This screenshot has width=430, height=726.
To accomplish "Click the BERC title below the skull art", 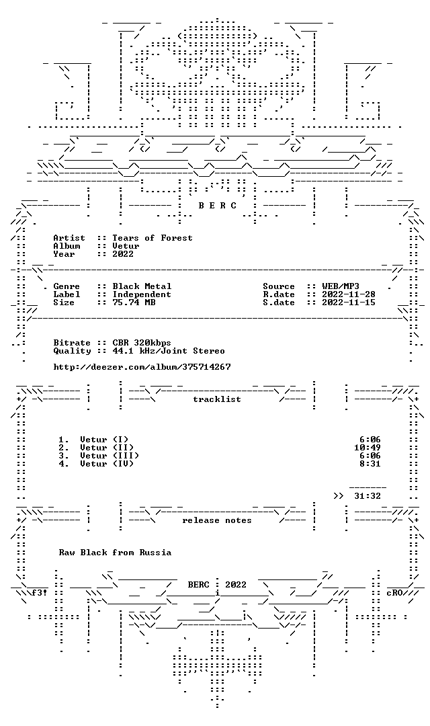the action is pyautogui.click(x=217, y=205).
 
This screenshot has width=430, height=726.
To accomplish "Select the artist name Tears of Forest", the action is pyautogui.click(x=153, y=237).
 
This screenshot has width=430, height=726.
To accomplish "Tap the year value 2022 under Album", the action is pyautogui.click(x=123, y=253).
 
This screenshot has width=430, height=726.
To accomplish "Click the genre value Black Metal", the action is pyautogui.click(x=142, y=286).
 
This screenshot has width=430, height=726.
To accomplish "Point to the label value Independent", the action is pyautogui.click(x=142, y=294).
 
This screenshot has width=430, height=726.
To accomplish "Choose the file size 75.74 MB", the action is pyautogui.click(x=134, y=302).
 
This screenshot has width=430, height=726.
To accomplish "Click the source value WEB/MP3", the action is pyautogui.click(x=341, y=286).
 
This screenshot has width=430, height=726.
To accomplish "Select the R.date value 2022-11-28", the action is pyautogui.click(x=349, y=294).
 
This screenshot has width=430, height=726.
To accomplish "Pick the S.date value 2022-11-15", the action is pyautogui.click(x=349, y=302).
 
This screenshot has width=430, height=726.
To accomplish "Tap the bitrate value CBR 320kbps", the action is pyautogui.click(x=142, y=343).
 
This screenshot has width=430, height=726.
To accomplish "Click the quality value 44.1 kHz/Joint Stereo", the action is pyautogui.click(x=169, y=350).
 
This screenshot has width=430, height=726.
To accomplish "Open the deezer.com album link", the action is pyautogui.click(x=142, y=367).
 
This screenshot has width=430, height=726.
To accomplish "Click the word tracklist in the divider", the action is pyautogui.click(x=217, y=399).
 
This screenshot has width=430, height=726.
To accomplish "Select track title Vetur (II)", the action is pyautogui.click(x=107, y=447).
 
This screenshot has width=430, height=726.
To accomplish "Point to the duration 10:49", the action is pyautogui.click(x=368, y=447).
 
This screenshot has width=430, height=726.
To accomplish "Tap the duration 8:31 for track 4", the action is pyautogui.click(x=370, y=463).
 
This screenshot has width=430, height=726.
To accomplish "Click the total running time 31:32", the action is pyautogui.click(x=368, y=496).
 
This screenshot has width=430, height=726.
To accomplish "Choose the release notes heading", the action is pyautogui.click(x=217, y=520).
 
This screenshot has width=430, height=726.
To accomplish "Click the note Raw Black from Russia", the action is pyautogui.click(x=115, y=553).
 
